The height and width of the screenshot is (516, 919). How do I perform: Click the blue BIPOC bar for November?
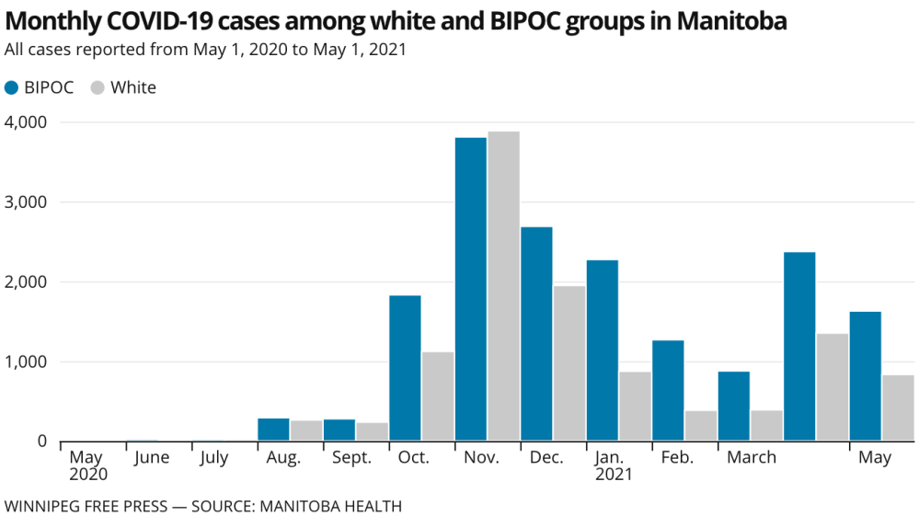coord(471,290)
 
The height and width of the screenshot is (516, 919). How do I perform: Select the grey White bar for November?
coord(503,287)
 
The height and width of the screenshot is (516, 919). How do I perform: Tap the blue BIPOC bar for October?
coord(405,368)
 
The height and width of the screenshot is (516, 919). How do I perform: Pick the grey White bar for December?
coord(569,363)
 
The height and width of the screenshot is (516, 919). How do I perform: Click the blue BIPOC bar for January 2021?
coord(603,350)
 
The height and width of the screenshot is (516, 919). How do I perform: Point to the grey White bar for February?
coord(701,426)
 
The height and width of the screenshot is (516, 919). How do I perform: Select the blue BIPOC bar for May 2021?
coord(865,376)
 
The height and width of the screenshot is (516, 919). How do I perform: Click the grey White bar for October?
coord(438,396)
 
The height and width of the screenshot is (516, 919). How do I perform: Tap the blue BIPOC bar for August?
coord(273,430)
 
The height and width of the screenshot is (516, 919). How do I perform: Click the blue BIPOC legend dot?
coord(12,88)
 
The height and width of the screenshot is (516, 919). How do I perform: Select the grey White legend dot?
coord(98,88)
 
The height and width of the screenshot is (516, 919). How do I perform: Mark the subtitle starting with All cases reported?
coord(205,50)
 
